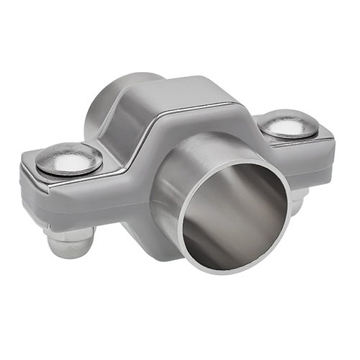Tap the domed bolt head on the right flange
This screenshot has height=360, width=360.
click(x=288, y=126)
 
